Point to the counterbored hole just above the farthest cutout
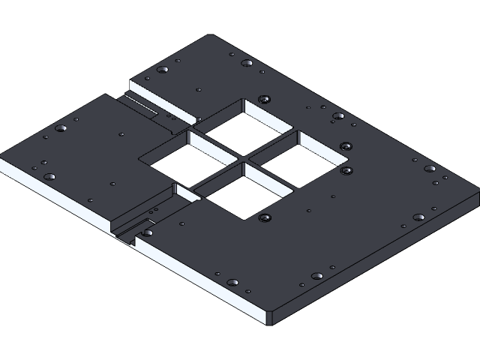[x=262, y=99]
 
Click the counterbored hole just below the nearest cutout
[x=263, y=218]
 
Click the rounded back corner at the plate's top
[x=212, y=37]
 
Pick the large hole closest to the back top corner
[x=246, y=63]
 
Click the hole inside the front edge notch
[x=147, y=232]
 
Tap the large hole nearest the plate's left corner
[x=49, y=177]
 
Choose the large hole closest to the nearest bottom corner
[x=232, y=283]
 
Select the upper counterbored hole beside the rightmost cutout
[x=344, y=146]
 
